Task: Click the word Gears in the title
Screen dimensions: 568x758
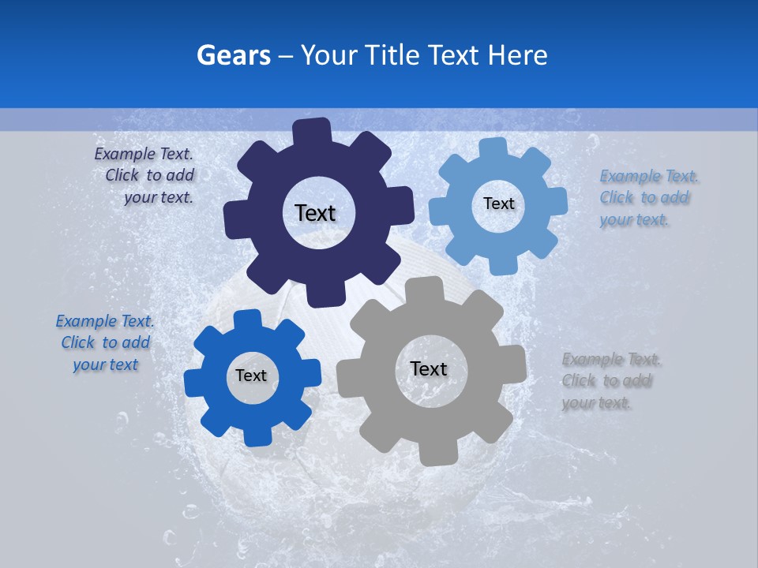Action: coord(233,55)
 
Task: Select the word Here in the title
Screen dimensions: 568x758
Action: coord(518,55)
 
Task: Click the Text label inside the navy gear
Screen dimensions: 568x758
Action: coord(315,213)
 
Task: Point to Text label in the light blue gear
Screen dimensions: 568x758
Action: coord(498,204)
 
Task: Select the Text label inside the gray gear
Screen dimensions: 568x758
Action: coord(429,368)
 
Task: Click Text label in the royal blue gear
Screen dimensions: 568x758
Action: coord(251,376)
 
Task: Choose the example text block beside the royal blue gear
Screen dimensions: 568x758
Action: coord(105,343)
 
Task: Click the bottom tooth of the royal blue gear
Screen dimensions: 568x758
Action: coord(256,435)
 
